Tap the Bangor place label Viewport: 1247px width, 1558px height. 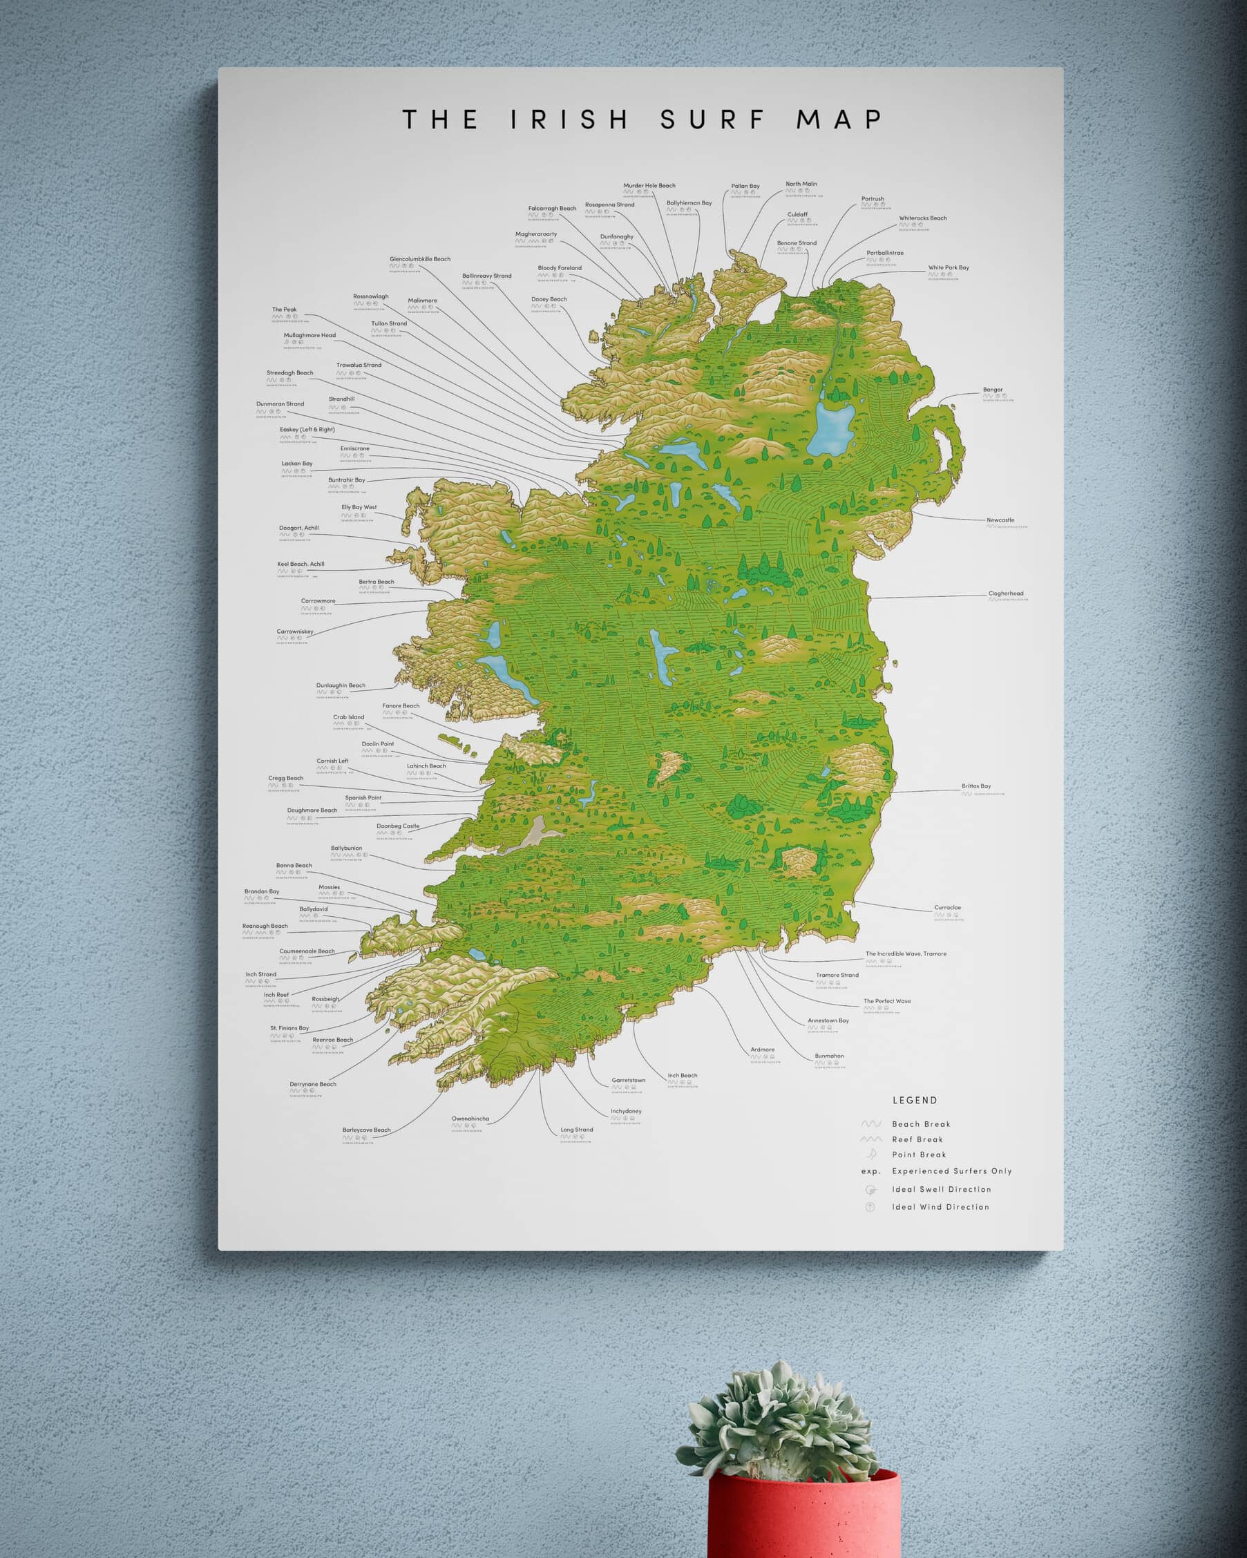(993, 390)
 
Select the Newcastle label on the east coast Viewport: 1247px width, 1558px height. (1000, 520)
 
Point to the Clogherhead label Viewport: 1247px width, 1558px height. (1006, 594)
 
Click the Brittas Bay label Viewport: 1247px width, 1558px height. (976, 786)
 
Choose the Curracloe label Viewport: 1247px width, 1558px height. (947, 908)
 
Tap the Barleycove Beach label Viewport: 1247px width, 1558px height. (366, 1130)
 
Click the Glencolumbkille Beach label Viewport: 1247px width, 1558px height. (420, 259)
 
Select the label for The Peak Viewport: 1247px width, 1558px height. (284, 310)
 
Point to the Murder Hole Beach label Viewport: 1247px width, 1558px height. (649, 186)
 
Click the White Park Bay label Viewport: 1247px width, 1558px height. (949, 268)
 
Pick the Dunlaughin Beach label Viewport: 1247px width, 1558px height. (341, 686)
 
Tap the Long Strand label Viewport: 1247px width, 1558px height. (577, 1130)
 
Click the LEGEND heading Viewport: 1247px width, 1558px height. (915, 1101)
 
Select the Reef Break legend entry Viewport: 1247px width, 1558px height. (917, 1139)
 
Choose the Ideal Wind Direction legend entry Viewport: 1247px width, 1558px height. (940, 1207)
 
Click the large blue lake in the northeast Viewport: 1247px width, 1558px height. (831, 428)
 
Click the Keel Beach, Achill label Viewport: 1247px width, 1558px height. (301, 564)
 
